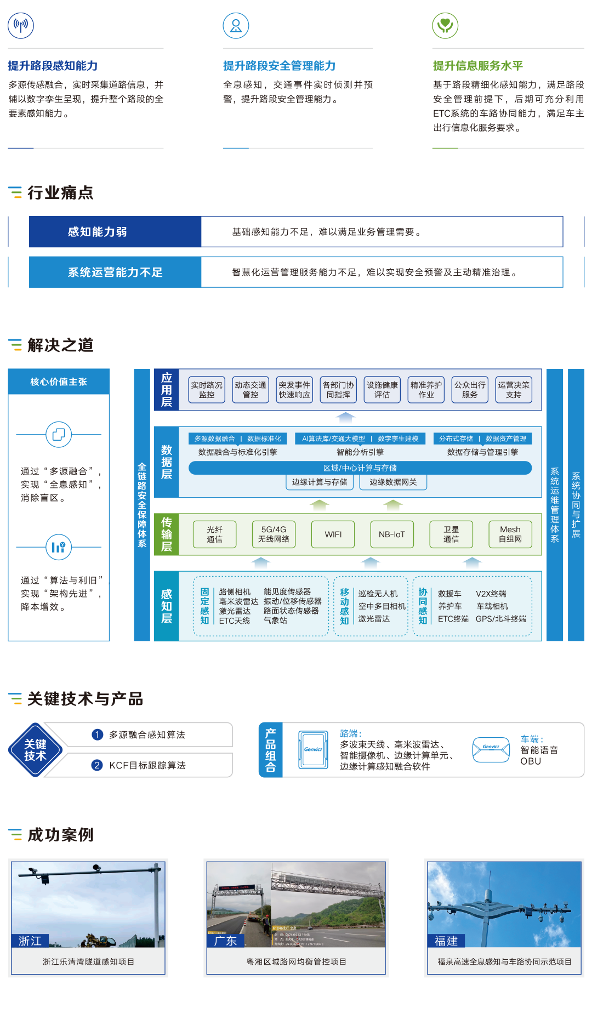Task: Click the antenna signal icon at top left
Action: [x=21, y=25]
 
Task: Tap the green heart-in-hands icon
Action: [x=445, y=25]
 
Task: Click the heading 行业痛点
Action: [x=60, y=193]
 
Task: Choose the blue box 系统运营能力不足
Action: [x=115, y=272]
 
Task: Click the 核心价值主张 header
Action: [x=59, y=381]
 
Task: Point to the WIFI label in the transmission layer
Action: [x=333, y=534]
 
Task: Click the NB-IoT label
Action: [x=391, y=534]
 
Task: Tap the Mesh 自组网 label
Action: [x=510, y=534]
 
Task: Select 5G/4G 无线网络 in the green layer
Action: [x=274, y=534]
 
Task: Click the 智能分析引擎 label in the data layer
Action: [x=360, y=452]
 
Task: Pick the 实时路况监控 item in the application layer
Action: [x=207, y=390]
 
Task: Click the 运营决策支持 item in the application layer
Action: [x=514, y=390]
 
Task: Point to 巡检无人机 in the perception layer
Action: [x=378, y=594]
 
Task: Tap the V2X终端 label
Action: [x=491, y=594]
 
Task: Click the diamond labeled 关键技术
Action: [x=35, y=750]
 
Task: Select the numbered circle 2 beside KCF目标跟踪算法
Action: [x=97, y=765]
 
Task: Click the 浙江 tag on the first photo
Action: [x=30, y=941]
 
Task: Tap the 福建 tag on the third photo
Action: [x=446, y=941]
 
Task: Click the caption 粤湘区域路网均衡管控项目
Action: [x=297, y=961]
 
